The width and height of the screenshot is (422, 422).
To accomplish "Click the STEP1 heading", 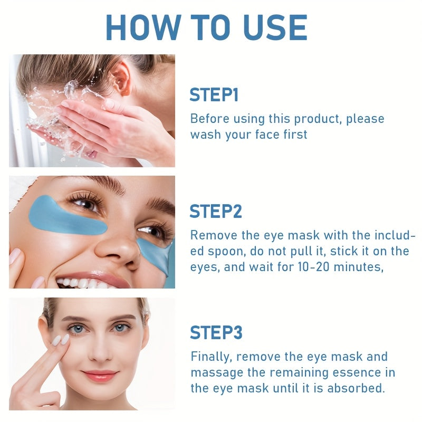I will tap(214, 95).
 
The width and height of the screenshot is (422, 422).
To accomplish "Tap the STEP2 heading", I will tap(216, 211).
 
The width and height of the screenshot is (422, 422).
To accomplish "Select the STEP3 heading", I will tap(216, 333).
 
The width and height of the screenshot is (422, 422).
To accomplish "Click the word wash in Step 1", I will tap(205, 134).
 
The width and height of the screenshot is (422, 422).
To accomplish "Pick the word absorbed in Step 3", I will tap(362, 389).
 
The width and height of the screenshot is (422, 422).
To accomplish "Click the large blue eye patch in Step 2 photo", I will tap(63, 216).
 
